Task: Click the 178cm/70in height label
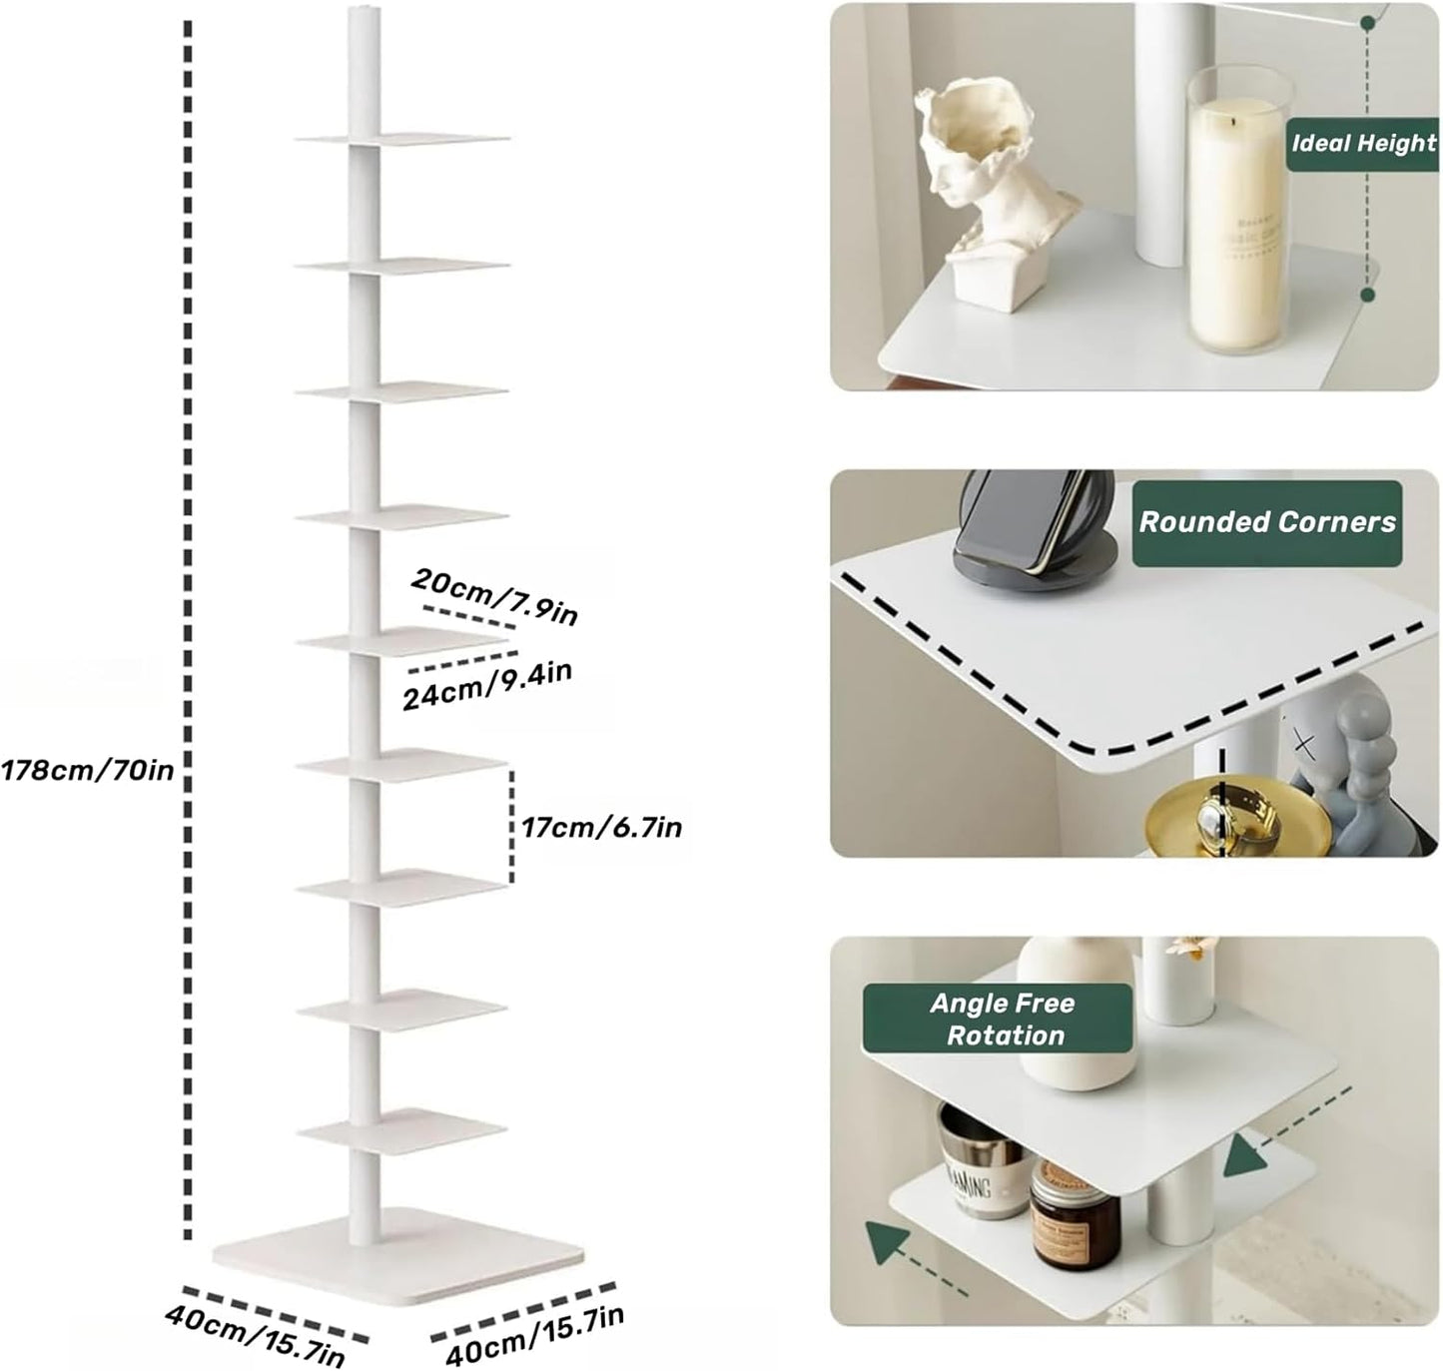(x=88, y=770)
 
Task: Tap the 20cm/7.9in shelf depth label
(x=494, y=595)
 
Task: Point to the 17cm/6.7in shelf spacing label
(x=601, y=828)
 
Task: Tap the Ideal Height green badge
(x=1362, y=144)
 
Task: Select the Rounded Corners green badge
(x=1266, y=522)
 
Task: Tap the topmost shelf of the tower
(x=403, y=139)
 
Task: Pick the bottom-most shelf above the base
(x=401, y=1128)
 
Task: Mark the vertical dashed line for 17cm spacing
(x=511, y=826)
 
